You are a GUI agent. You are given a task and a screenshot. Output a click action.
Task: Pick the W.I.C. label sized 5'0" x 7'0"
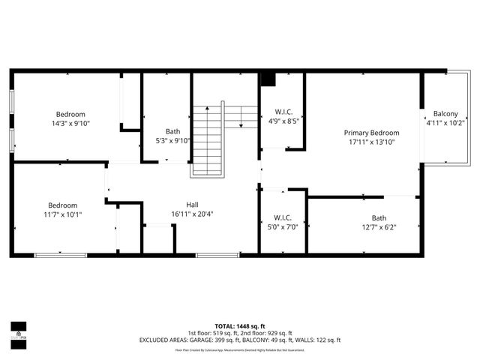tap(283, 217)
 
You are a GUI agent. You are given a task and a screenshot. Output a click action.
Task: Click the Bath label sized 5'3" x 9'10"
tap(172, 131)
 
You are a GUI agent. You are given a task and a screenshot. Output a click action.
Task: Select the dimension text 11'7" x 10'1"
tap(63, 214)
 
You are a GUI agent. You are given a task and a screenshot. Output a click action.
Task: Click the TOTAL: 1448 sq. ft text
tap(240, 326)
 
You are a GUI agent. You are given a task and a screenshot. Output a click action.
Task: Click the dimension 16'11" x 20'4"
tap(192, 214)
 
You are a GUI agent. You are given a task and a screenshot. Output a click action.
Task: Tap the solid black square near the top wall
tap(268, 79)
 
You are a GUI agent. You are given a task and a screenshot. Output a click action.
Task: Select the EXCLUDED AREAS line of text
tap(240, 340)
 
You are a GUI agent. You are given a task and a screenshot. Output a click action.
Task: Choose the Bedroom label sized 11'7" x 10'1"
tap(63, 205)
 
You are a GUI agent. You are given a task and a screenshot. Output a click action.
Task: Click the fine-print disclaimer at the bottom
tap(240, 350)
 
